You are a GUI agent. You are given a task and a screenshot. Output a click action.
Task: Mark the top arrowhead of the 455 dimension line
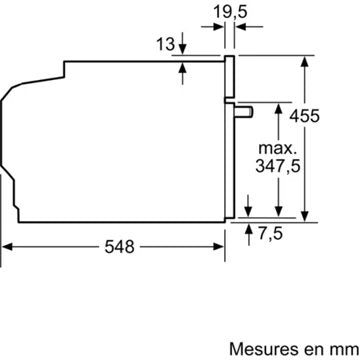pos(300,61)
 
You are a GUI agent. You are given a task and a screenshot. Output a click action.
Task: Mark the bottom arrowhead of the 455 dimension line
pos(300,213)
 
